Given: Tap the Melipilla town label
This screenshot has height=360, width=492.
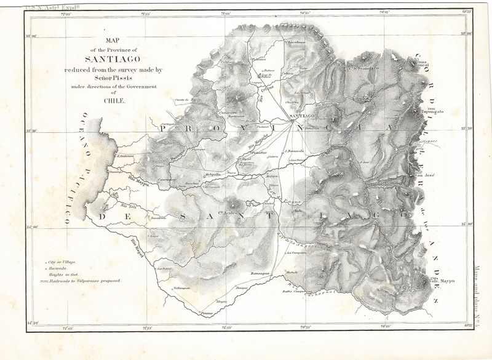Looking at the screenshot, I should pos(213,175).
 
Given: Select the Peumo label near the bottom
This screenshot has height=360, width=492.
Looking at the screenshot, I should pos(210,313).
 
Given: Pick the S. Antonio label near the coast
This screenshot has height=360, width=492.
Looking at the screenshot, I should pos(126,156).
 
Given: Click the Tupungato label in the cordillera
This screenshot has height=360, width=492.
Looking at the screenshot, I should pos(432,113).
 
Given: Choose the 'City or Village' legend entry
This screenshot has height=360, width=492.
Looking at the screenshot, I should pos(62,262).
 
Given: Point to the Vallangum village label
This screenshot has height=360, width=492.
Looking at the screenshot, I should pos(183,287).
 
